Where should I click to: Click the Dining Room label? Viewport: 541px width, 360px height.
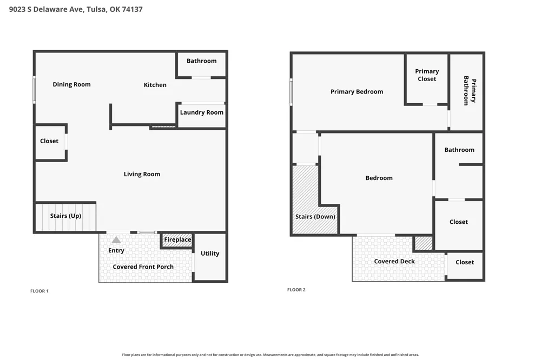pyautogui.click(x=71, y=84)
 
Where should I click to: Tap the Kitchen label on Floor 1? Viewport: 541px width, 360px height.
pyautogui.click(x=155, y=85)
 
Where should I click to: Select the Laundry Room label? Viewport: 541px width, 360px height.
pyautogui.click(x=201, y=112)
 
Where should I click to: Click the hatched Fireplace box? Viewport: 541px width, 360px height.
pyautogui.click(x=177, y=241)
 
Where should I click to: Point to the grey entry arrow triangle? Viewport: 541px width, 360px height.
pyautogui.click(x=116, y=239)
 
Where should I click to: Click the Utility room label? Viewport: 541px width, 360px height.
pyautogui.click(x=210, y=254)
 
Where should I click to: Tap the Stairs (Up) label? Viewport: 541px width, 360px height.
pyautogui.click(x=65, y=216)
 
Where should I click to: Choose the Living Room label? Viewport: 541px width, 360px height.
pyautogui.click(x=142, y=174)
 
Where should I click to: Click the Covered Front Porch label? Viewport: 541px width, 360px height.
pyautogui.click(x=143, y=267)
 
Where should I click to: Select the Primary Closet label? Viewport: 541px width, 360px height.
pyautogui.click(x=427, y=75)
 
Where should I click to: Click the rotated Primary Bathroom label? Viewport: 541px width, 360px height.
pyautogui.click(x=470, y=91)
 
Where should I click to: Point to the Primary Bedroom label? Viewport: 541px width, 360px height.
pyautogui.click(x=357, y=92)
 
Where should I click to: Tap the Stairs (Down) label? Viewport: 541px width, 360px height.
pyautogui.click(x=315, y=217)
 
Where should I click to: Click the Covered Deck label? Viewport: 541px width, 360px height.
pyautogui.click(x=394, y=262)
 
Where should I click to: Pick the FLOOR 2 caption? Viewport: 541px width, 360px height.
pyautogui.click(x=296, y=290)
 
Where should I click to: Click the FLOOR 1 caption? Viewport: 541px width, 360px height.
pyautogui.click(x=39, y=291)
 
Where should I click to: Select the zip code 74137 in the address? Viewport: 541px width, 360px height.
pyautogui.click(x=132, y=9)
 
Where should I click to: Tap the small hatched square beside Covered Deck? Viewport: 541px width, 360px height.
pyautogui.click(x=423, y=243)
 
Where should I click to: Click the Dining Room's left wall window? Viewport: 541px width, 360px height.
pyautogui.click(x=34, y=90)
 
